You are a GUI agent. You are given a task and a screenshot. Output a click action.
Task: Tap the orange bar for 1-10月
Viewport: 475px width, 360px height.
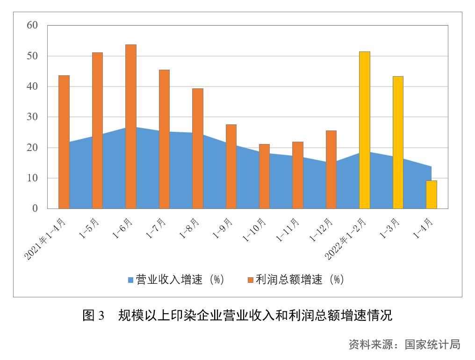pyautogui.click(x=264, y=176)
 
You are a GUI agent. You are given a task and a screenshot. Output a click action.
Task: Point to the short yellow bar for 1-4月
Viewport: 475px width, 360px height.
pyautogui.click(x=431, y=194)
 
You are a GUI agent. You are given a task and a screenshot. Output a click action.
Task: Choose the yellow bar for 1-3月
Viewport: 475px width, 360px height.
pyautogui.click(x=398, y=142)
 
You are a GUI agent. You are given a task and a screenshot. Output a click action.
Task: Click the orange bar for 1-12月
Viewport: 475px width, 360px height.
pyautogui.click(x=331, y=169)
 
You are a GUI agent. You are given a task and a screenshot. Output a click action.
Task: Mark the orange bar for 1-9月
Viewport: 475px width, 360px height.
pyautogui.click(x=231, y=166)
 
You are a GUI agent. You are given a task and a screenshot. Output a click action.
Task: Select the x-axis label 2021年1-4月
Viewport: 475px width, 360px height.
pyautogui.click(x=46, y=238)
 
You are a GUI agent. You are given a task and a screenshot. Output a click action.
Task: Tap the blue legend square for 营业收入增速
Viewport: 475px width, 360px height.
pyautogui.click(x=131, y=280)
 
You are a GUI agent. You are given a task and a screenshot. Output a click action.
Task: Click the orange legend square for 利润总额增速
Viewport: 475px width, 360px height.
pyautogui.click(x=251, y=280)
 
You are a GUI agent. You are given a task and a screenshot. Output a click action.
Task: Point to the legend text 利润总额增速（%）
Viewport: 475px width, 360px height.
pyautogui.click(x=300, y=280)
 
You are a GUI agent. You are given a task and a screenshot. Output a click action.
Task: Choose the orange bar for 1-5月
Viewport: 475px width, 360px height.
pyautogui.click(x=97, y=130)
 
